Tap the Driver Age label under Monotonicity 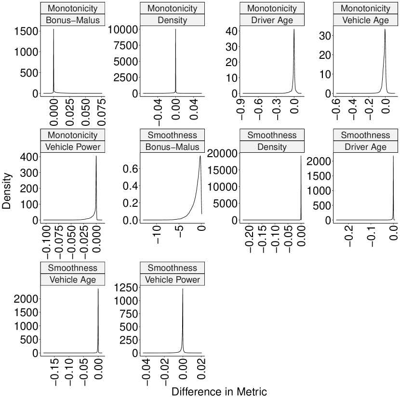point(272,21)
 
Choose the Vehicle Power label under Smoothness point(172,280)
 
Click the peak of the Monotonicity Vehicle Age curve point(385,29)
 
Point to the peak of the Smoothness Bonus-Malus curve point(200,156)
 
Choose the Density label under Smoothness point(272,147)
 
